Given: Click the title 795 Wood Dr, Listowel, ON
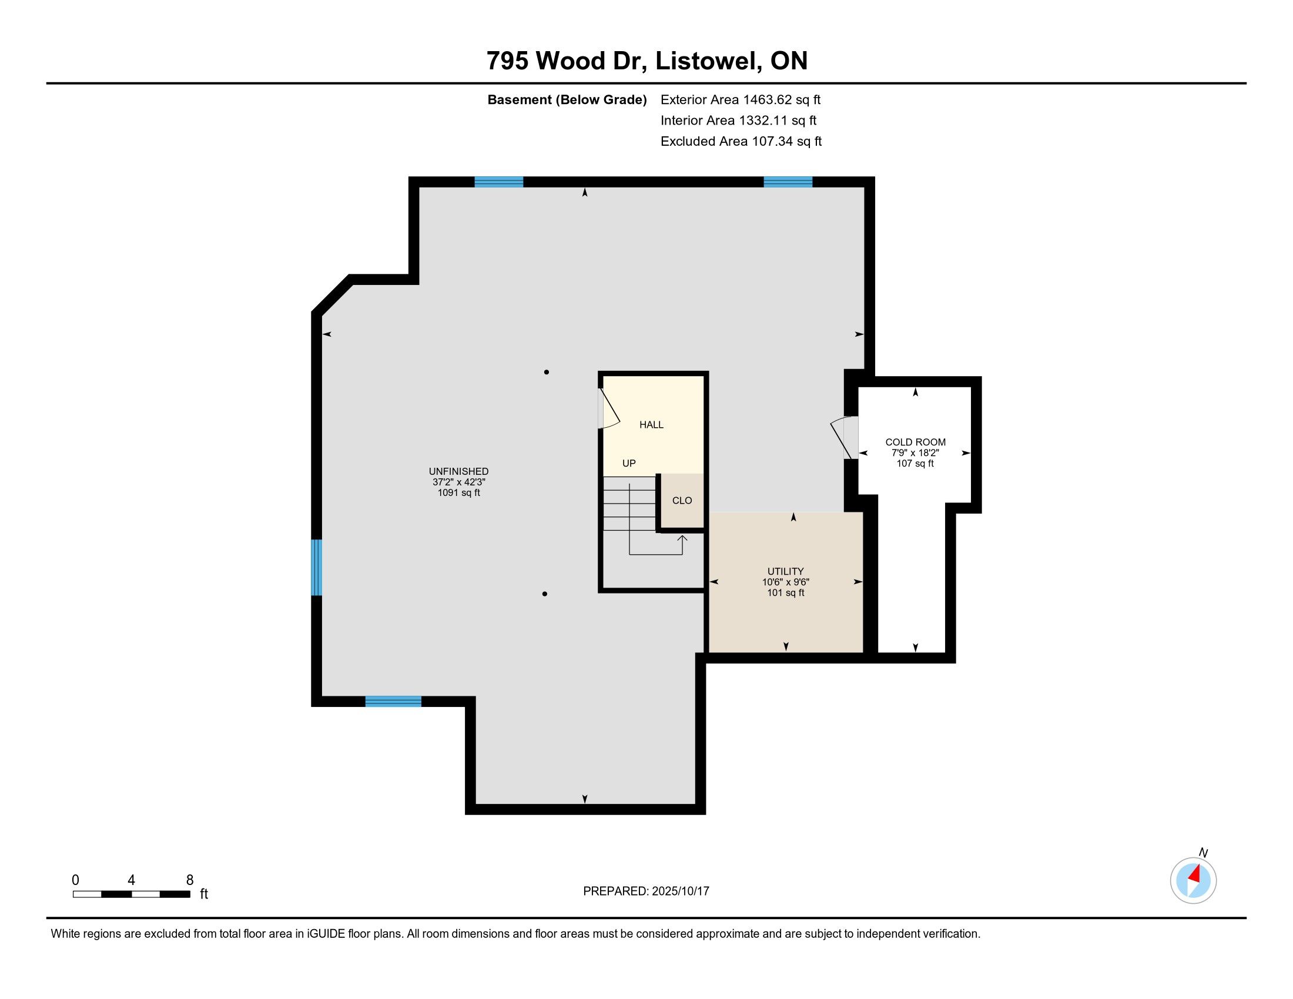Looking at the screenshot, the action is [x=646, y=61].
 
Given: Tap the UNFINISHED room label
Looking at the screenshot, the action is [x=459, y=471].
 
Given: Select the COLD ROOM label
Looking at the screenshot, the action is [x=915, y=442].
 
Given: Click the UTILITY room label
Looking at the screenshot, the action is [x=786, y=571].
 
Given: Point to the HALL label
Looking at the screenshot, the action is [x=651, y=424].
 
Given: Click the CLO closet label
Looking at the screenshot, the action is [x=682, y=500].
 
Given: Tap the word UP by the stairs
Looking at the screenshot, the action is [x=629, y=463].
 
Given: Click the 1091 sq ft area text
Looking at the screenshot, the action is [x=459, y=492].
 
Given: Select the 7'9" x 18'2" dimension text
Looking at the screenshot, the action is [x=915, y=452].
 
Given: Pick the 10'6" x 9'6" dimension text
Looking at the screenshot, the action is [x=786, y=582].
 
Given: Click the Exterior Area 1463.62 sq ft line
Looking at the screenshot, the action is [x=741, y=99].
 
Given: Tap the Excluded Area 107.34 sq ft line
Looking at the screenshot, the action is [x=741, y=141].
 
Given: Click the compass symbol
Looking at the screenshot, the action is [x=1194, y=880].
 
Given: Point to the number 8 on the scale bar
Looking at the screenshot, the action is [x=189, y=880].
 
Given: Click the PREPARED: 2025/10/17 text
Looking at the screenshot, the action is [x=646, y=891].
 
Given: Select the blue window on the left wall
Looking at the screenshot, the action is [x=317, y=567].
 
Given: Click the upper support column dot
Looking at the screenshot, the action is [x=547, y=372].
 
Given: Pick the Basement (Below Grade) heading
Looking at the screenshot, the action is [x=567, y=99].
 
